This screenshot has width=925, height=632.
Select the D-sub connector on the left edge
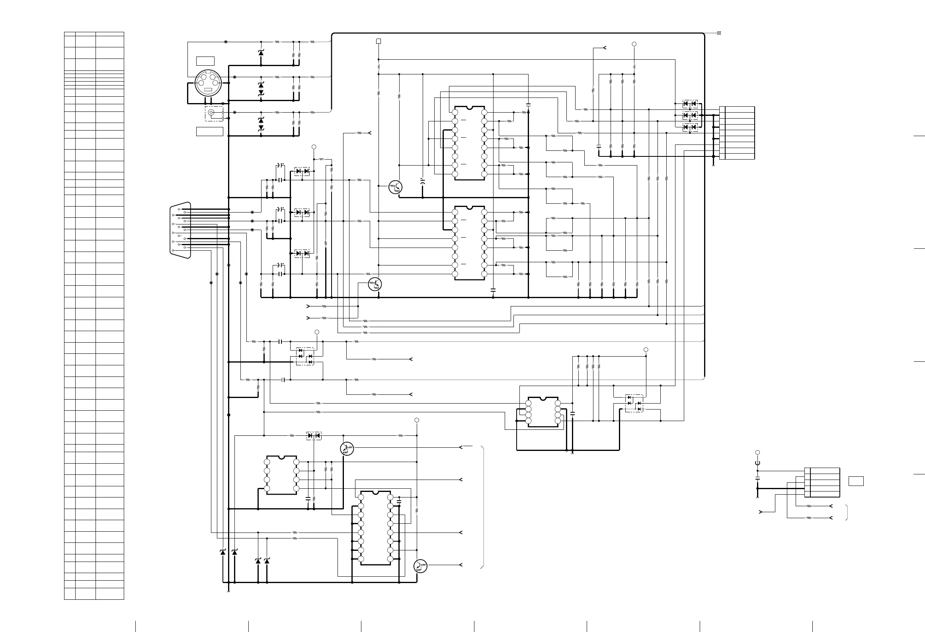pyautogui.click(x=180, y=230)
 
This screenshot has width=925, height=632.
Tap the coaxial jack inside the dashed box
pyautogui.click(x=212, y=113)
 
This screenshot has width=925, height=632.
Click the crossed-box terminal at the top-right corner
pyautogui.click(x=719, y=33)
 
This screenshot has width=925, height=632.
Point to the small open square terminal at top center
pyautogui.click(x=379, y=41)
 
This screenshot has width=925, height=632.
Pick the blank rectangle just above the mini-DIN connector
pyautogui.click(x=205, y=61)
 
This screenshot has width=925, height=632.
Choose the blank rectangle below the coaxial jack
pyautogui.click(x=209, y=131)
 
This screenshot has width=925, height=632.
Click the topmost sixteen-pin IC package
pyautogui.click(x=470, y=143)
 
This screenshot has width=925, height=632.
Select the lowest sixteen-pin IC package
pyautogui.click(x=375, y=528)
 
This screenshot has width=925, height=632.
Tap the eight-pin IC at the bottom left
pyautogui.click(x=281, y=475)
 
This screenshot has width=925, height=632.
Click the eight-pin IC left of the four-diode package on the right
pyautogui.click(x=543, y=412)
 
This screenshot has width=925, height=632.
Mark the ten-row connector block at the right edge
pyautogui.click(x=737, y=133)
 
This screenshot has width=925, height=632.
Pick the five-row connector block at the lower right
pyautogui.click(x=822, y=482)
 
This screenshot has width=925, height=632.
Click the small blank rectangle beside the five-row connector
pyautogui.click(x=856, y=481)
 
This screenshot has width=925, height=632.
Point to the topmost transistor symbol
pyautogui.click(x=395, y=187)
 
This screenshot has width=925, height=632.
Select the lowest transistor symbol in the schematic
pyautogui.click(x=420, y=566)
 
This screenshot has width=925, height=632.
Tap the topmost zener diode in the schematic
pyautogui.click(x=261, y=53)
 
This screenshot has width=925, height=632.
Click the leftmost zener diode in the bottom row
pyautogui.click(x=223, y=552)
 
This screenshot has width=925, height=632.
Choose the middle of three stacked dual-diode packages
pyautogui.click(x=690, y=115)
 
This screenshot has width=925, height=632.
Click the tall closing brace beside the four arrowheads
pyautogui.click(x=483, y=507)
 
